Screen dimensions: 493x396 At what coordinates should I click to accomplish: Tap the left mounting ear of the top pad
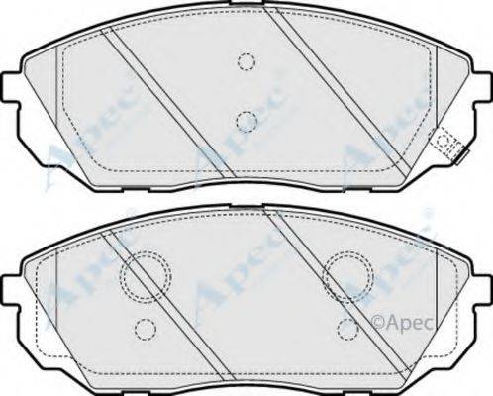tap(11, 88)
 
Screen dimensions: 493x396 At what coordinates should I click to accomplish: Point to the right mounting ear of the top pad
tap(482, 88)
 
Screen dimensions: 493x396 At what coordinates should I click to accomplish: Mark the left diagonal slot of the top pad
tap(167, 102)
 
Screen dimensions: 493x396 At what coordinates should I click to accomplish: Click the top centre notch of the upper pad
tap(247, 3)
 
